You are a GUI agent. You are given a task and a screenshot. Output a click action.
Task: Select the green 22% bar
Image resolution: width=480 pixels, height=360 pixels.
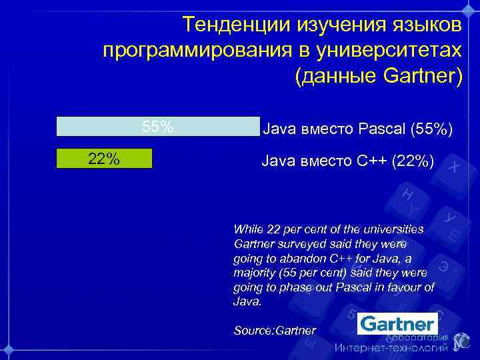[105, 159]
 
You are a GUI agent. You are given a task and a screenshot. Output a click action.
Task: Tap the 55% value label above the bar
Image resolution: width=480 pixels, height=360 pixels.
[158, 127]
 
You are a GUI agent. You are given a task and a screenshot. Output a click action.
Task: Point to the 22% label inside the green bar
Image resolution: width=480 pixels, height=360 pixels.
[104, 159]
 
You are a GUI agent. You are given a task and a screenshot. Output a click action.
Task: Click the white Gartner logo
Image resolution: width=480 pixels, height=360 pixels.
[397, 325]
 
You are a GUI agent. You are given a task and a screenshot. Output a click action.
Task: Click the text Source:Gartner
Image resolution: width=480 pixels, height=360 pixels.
[275, 330]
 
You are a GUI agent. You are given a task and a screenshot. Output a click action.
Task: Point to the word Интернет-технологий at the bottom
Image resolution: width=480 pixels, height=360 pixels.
[391, 348]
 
